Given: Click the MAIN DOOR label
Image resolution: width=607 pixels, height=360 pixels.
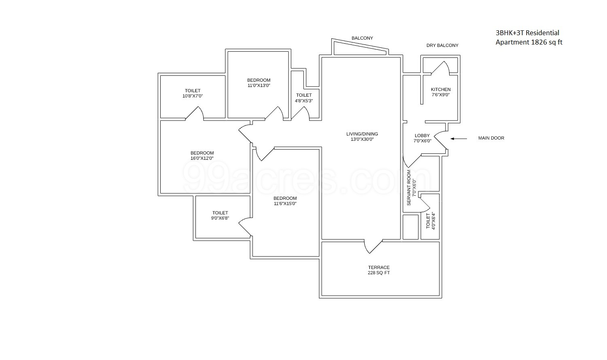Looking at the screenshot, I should [491, 138].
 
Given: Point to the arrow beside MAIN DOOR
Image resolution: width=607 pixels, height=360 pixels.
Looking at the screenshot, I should [458, 138].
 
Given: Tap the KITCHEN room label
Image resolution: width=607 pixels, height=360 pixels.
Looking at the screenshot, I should [440, 89].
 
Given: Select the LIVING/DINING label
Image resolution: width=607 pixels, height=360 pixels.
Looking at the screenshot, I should [362, 134].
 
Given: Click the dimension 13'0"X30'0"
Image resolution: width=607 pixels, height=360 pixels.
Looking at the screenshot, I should [362, 140].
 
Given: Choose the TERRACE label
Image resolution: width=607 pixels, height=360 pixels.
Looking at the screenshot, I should [379, 267].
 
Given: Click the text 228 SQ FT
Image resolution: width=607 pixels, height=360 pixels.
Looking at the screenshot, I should [379, 273].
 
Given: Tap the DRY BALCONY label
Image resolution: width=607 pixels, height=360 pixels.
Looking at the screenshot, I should [442, 45].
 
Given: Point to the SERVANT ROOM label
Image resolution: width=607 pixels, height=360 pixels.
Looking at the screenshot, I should [409, 188].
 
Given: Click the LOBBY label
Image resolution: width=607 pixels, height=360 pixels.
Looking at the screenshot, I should [422, 136].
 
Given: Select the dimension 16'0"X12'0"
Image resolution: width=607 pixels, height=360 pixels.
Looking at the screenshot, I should [202, 159].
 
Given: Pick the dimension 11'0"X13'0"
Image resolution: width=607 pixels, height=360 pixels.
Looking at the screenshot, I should [259, 86].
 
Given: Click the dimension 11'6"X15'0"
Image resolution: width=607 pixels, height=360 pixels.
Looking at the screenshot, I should [285, 204].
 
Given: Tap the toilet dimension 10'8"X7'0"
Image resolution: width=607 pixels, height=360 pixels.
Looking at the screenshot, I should [193, 96].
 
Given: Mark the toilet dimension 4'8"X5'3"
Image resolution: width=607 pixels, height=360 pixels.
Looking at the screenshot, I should [304, 101].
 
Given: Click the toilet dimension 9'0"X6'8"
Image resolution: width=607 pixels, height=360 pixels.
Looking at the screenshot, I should [220, 218].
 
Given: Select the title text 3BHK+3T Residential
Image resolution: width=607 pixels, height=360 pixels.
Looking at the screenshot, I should [527, 33].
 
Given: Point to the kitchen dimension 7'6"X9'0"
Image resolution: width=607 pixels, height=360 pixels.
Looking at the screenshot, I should [440, 95].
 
